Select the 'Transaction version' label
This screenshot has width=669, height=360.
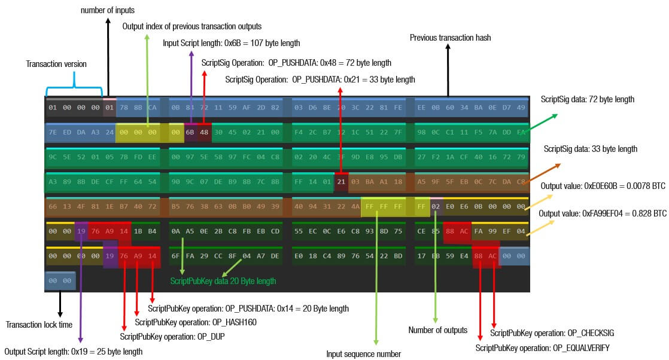[x=57, y=64]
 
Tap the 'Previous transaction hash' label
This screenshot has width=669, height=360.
[x=450, y=38]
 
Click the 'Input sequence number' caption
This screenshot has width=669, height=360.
[x=363, y=353]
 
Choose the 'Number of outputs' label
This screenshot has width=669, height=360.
[x=437, y=330]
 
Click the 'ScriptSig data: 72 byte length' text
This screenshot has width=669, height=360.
[x=587, y=99]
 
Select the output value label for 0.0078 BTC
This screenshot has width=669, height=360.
[x=603, y=187]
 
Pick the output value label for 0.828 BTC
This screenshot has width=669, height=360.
[x=603, y=213]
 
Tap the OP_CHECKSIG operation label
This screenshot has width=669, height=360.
[x=552, y=332]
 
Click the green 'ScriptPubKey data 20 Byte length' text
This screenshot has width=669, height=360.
[x=223, y=280]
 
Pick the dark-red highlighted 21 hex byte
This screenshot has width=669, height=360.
[x=341, y=181]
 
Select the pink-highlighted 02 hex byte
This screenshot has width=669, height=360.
[x=436, y=206]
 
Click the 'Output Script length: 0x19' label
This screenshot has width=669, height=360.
[x=73, y=352]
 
